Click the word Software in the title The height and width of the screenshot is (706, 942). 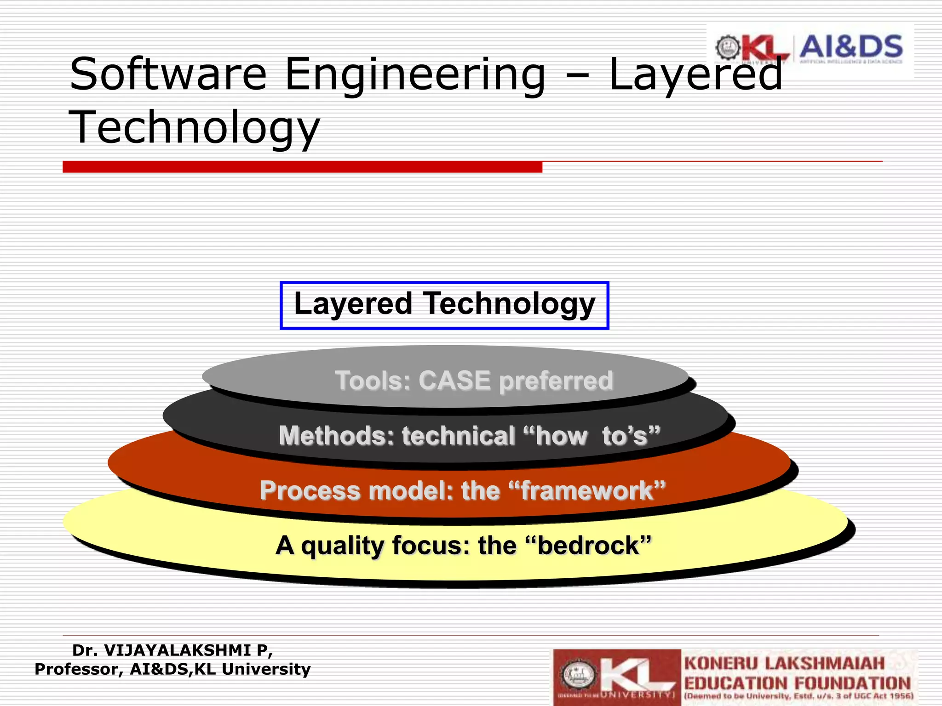coord(168,74)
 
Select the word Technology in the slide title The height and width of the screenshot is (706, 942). coord(194,128)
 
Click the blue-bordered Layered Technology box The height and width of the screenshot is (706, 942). coord(444,305)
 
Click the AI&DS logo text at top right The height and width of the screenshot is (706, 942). coord(851,47)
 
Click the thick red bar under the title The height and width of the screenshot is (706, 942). coord(302,167)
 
